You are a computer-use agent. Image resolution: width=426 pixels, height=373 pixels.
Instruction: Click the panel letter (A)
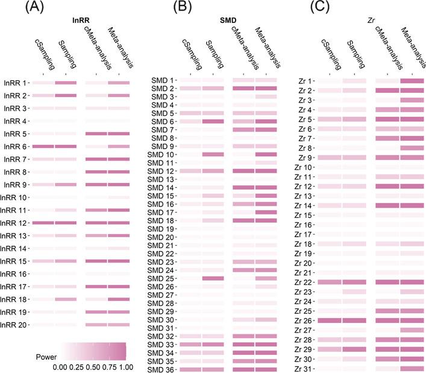[x=18, y=8]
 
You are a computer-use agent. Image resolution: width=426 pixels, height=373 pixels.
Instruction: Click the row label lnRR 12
[x=16, y=223]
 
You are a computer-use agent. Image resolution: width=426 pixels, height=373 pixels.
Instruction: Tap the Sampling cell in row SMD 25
[x=213, y=278]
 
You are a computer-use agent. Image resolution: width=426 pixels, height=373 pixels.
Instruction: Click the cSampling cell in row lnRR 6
[x=43, y=146]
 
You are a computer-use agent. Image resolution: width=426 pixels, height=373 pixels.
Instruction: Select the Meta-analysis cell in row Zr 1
[x=412, y=81]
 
